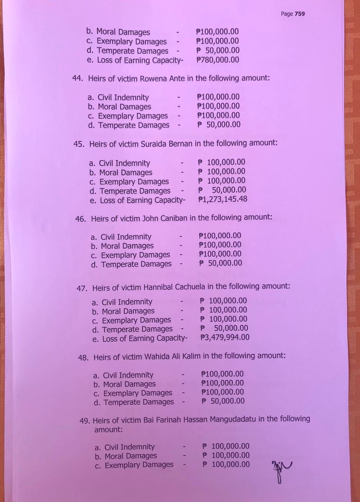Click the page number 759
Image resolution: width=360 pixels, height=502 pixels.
(x=300, y=14)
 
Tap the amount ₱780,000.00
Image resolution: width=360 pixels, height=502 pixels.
(x=218, y=60)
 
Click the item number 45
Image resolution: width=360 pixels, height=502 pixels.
(x=79, y=144)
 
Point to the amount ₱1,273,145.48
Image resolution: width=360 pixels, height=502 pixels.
(x=223, y=199)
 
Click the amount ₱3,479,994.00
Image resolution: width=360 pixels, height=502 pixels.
(x=225, y=337)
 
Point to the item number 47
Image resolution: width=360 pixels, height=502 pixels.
(x=82, y=288)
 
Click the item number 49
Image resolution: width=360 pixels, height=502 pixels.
(x=84, y=421)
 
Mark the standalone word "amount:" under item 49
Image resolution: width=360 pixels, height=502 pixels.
(x=108, y=430)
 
